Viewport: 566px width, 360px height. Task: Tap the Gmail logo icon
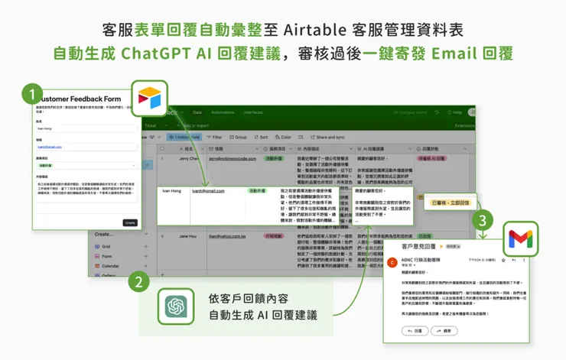(519, 239)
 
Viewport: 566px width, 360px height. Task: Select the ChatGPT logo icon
(176, 307)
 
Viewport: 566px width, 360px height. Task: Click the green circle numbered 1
(31, 95)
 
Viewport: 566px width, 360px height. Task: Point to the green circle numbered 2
(138, 283)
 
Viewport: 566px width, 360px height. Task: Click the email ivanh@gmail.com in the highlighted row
(208, 190)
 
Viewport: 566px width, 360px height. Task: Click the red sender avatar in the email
(392, 262)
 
